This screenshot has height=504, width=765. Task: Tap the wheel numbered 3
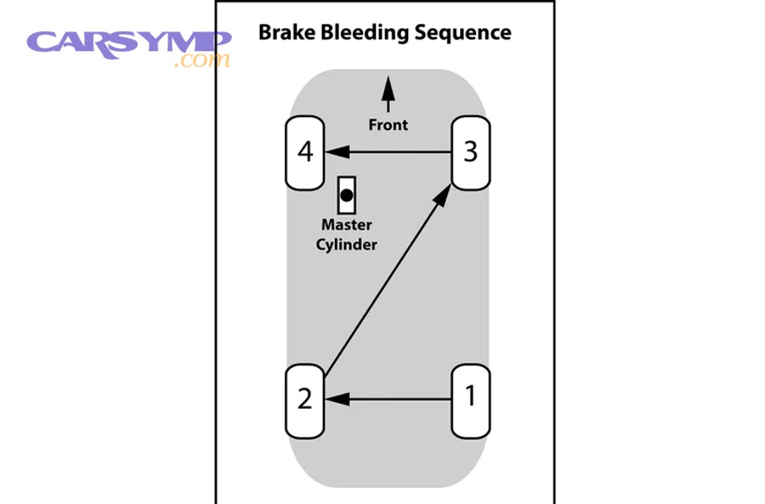[x=470, y=152]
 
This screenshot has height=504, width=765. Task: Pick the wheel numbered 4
[x=304, y=152]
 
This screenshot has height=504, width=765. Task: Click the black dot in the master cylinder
[x=346, y=195]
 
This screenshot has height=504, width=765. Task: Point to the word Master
[x=346, y=225]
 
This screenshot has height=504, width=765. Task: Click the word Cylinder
[x=346, y=244]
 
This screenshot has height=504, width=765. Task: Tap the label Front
[x=388, y=125]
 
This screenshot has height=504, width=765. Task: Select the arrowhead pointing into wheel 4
[x=337, y=152]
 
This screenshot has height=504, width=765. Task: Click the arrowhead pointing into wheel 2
[x=337, y=397]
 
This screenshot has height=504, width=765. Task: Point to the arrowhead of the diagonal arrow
[x=443, y=195]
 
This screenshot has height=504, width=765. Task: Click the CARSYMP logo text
[x=127, y=42]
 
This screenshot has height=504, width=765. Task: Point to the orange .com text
[x=201, y=61]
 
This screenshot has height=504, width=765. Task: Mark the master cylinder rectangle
[x=346, y=195]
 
